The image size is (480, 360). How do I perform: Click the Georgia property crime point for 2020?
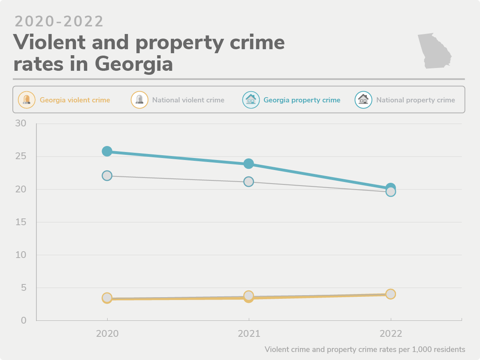point(107,151)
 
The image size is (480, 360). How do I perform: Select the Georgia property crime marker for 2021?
point(248,164)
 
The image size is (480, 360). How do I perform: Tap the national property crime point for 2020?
point(107,176)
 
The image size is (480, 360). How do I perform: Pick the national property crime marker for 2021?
point(248,182)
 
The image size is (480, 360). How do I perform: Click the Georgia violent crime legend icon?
point(26,100)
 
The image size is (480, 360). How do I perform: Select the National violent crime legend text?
point(188,100)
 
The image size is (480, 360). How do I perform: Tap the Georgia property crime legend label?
point(302,100)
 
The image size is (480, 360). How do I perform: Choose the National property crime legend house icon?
point(363,100)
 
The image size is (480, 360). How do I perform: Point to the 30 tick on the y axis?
point(20,123)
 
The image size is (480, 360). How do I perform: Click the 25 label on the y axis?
point(20,156)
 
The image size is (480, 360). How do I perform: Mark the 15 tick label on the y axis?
point(20,222)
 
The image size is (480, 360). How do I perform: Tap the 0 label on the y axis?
point(24,320)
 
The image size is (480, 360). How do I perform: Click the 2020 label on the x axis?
point(107,334)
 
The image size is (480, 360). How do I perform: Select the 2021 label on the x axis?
point(249,334)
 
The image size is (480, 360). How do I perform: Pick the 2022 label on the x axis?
point(390,334)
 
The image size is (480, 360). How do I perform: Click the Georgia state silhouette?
point(434,51)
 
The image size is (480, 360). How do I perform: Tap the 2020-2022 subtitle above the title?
point(59,22)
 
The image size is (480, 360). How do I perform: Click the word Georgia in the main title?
point(134,64)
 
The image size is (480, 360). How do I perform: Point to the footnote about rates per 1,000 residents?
point(365,350)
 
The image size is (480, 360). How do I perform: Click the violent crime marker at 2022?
point(390,294)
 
